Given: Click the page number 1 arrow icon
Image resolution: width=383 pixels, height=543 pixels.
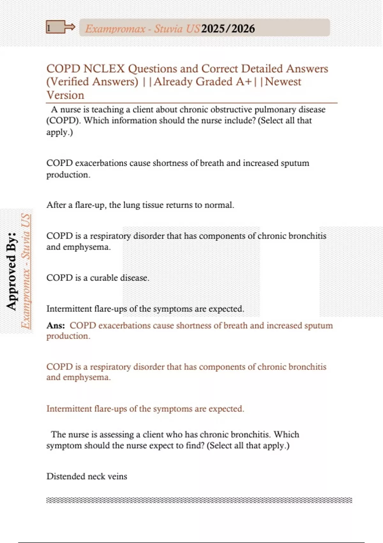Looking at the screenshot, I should click(60, 27).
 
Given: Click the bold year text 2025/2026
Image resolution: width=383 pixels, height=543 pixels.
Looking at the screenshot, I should click(228, 29).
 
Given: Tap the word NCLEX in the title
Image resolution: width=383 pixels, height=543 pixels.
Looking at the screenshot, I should click(104, 69).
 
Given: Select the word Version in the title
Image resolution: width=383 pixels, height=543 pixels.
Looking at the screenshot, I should click(65, 95).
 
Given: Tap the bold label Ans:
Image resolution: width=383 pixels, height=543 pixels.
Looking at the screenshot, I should click(56, 325).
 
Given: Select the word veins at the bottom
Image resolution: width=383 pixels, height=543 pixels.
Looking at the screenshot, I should click(117, 476).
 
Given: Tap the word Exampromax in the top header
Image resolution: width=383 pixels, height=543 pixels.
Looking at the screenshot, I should click(115, 29).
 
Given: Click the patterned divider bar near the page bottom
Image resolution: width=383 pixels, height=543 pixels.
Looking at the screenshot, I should click(199, 500).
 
